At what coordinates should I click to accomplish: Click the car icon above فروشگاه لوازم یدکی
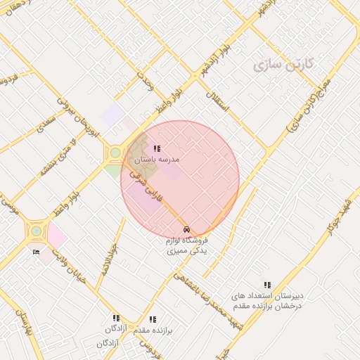[x=186, y=230]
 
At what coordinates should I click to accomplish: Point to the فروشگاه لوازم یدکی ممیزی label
[x=186, y=246]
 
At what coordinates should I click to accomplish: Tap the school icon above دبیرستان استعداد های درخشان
[x=267, y=285]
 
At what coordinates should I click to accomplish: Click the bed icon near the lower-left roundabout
[x=36, y=252]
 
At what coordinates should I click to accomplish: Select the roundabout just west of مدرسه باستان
[x=115, y=152]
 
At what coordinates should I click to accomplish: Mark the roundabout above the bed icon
[x=36, y=230]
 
